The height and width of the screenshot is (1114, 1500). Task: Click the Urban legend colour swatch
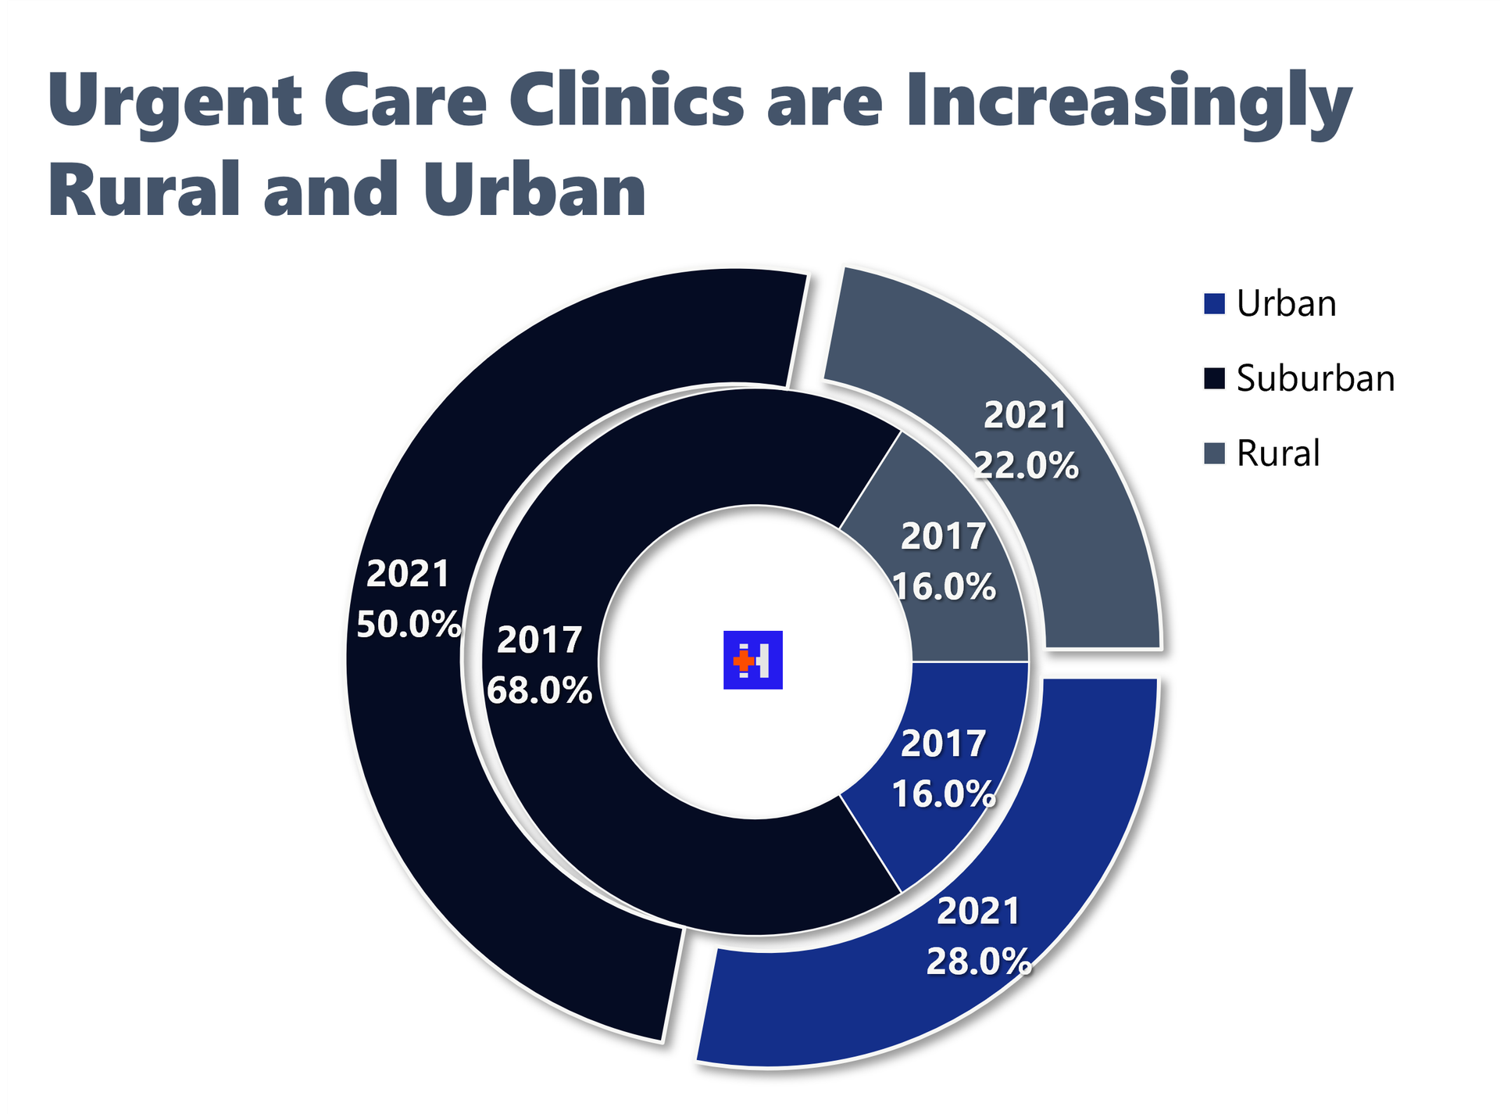pos(1214,303)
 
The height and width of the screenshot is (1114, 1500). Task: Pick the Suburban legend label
pos(1316,378)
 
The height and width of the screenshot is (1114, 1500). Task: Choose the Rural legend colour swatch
pos(1214,453)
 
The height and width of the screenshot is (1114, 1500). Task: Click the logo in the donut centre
pos(752,660)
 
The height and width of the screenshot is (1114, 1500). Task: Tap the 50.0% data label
pos(409,624)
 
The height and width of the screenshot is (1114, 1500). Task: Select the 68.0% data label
pos(539,690)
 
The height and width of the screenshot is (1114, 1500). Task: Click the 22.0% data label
pos(1026,466)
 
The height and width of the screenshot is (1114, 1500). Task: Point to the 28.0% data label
pos(979,962)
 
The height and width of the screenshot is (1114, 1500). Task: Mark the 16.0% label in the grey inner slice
pos(944,587)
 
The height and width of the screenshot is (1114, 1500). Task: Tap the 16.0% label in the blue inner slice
pos(944,794)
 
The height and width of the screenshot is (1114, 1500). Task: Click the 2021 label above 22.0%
pos(1025,415)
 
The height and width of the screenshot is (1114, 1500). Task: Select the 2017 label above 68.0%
pos(539,640)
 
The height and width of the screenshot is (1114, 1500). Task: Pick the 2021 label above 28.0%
pos(978,912)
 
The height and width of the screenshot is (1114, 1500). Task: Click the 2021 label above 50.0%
pos(408,574)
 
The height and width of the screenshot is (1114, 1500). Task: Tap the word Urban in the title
pos(535,189)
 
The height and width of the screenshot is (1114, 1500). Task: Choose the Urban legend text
pos(1286,303)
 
